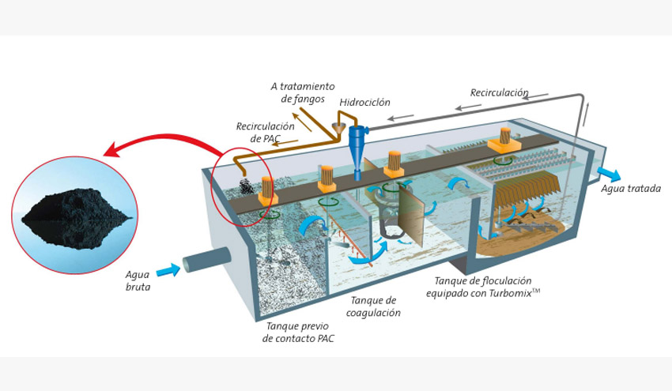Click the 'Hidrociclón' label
(364, 103)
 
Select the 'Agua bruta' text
(138, 280)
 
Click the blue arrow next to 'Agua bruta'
(168, 271)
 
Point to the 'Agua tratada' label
(630, 189)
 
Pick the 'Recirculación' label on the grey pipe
(499, 92)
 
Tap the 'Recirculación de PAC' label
(265, 132)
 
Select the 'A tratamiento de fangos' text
(302, 92)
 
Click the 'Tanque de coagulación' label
(373, 306)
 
